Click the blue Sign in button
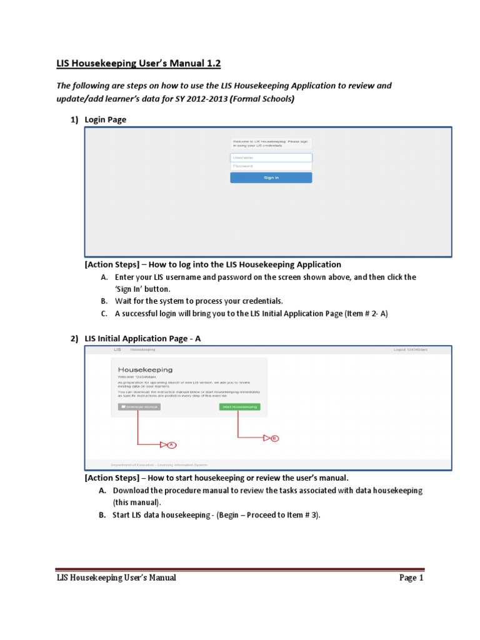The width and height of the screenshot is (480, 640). click(x=271, y=177)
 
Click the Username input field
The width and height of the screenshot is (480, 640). click(x=271, y=157)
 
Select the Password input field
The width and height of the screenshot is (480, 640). click(x=271, y=166)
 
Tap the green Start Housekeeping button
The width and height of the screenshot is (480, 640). click(x=240, y=407)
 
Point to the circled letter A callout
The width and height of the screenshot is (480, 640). click(x=172, y=444)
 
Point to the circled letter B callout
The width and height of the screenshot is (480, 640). click(x=274, y=438)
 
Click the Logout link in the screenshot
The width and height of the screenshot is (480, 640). click(x=410, y=349)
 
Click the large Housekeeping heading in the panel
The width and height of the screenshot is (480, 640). click(x=145, y=369)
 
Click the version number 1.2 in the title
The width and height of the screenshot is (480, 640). click(x=210, y=64)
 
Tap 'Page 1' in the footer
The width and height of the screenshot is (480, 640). click(x=411, y=577)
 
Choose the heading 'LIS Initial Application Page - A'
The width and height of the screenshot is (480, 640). click(x=143, y=338)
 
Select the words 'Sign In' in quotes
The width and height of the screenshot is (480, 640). click(x=131, y=289)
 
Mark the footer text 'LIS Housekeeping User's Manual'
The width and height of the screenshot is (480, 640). click(x=116, y=577)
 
